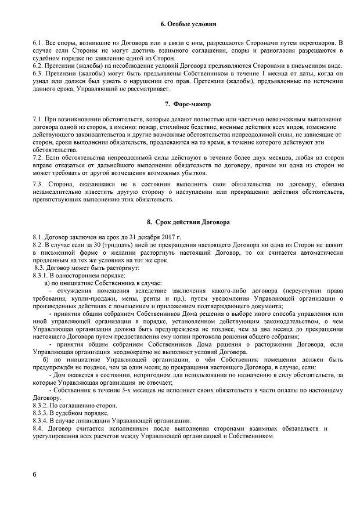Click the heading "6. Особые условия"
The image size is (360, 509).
pyautogui.click(x=188, y=24)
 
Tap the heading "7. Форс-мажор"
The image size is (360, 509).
pyautogui.click(x=188, y=104)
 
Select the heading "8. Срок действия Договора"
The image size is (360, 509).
pyautogui.click(x=189, y=222)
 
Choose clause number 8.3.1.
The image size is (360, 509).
pyautogui.click(x=42, y=275)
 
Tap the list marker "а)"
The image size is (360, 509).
pyautogui.click(x=48, y=283)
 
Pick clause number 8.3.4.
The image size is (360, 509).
pyautogui.click(x=42, y=420)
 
